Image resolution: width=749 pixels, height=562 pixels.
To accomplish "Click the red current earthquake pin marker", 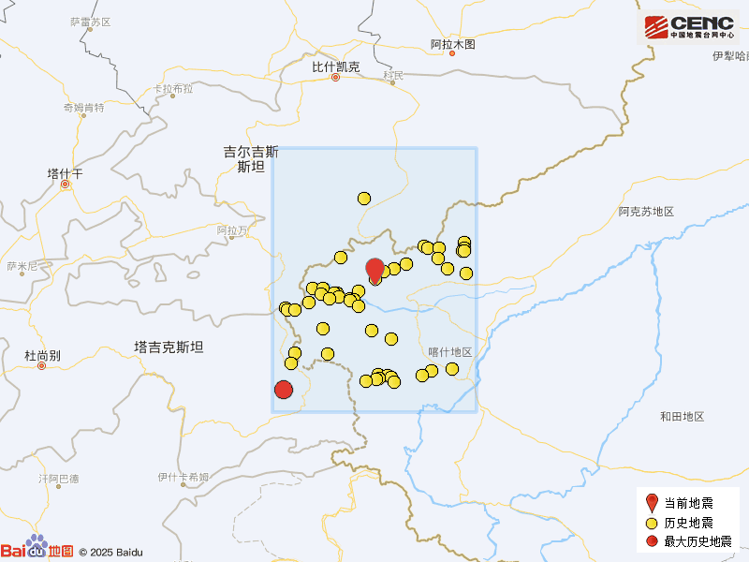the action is tap(374, 270).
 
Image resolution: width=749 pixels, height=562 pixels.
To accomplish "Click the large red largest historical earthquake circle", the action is tap(284, 390).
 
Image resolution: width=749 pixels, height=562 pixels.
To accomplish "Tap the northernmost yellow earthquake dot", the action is tap(364, 198).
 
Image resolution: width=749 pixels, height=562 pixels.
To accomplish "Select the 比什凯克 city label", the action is tap(336, 67).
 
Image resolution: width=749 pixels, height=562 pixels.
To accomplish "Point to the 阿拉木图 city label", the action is tap(453, 44).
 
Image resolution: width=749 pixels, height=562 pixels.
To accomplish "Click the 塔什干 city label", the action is tap(65, 174).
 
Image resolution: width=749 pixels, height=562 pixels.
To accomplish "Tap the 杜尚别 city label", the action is tap(42, 356).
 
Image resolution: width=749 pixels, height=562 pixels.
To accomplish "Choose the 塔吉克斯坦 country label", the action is tap(169, 347).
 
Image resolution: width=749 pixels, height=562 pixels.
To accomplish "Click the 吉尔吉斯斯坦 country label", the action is tap(251, 159).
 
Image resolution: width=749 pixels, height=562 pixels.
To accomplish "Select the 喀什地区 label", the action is tap(449, 351).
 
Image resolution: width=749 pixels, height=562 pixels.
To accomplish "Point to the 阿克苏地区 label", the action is tap(646, 212).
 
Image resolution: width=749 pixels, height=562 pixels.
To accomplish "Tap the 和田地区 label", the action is tap(681, 416).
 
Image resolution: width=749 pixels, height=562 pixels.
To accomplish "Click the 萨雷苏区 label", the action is tap(90, 22).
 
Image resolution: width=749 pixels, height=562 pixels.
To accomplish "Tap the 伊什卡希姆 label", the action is tap(184, 477).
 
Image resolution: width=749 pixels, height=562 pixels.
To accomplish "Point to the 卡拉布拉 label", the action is tap(173, 89).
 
